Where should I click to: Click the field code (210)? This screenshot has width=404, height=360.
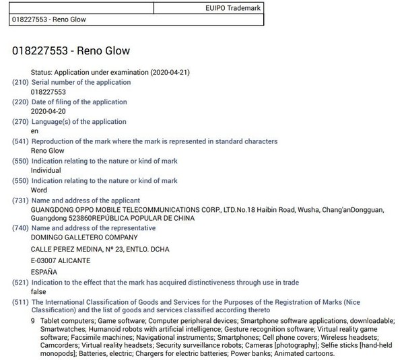(20, 82)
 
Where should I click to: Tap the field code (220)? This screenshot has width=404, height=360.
(20, 102)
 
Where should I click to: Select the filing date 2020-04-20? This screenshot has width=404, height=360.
(48, 112)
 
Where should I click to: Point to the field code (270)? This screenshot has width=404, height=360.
(20, 122)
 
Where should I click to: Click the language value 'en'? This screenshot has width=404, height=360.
(36, 131)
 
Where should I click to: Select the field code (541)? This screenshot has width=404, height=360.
(20, 141)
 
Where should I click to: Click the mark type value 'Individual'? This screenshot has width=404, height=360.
(46, 170)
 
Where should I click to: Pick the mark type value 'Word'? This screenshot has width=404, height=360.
(40, 190)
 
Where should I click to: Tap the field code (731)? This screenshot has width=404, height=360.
(20, 200)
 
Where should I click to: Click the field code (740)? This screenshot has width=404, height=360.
(20, 228)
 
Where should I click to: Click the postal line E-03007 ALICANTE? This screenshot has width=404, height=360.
(61, 260)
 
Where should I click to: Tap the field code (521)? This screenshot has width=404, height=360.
(20, 283)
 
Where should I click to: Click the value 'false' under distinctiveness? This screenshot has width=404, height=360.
(40, 292)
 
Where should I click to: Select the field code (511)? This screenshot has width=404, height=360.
(20, 302)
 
